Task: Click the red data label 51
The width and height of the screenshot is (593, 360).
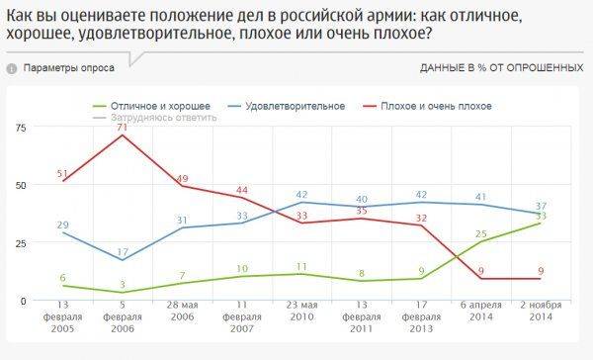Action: coord(63,172)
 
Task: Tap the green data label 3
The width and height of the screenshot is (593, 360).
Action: coord(122,284)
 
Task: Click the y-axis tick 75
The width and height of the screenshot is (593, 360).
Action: coord(21,128)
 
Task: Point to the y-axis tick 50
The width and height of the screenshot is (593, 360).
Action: coord(21,185)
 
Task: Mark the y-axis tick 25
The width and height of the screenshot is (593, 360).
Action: coord(21,242)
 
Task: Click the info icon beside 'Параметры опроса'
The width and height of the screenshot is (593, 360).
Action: coord(11,68)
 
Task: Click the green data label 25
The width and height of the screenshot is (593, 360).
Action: coord(481,233)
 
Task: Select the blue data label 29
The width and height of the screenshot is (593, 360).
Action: coord(63,225)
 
